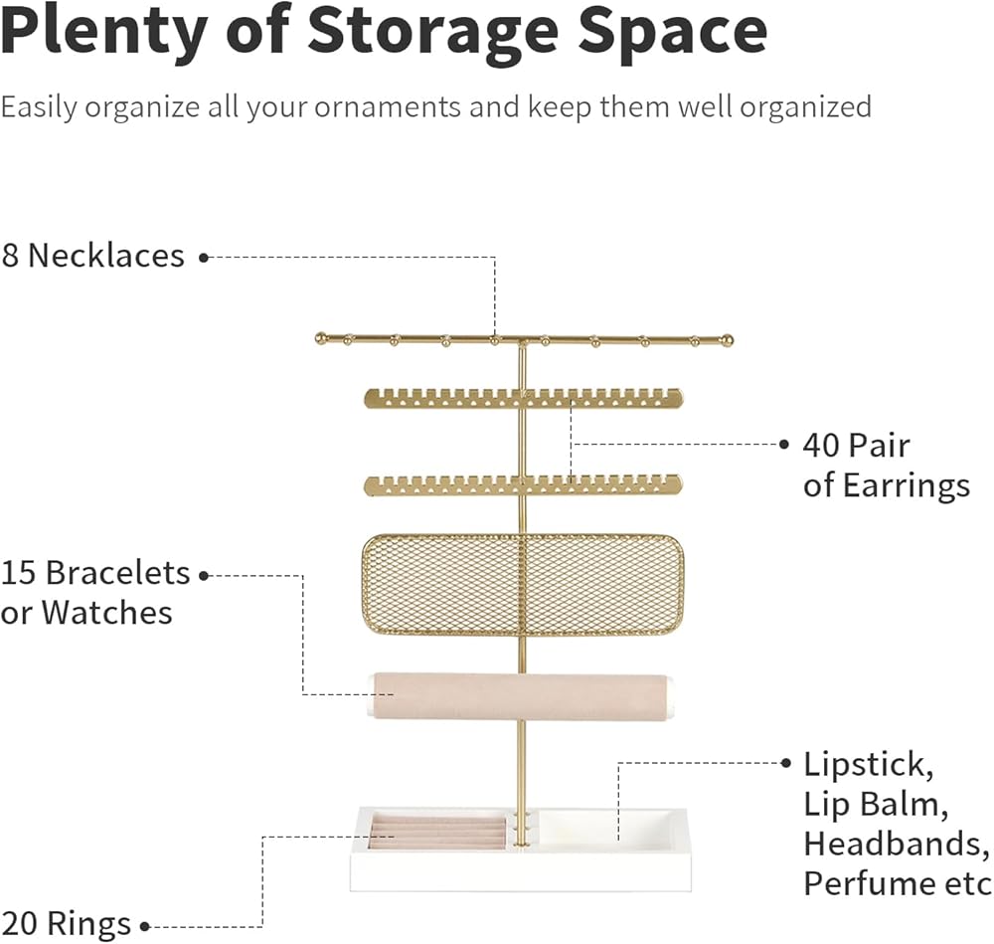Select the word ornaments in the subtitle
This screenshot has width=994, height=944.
pyautogui.click(x=388, y=106)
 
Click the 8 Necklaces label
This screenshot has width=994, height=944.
pyautogui.click(x=92, y=256)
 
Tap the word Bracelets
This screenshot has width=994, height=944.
pyautogui.click(x=117, y=573)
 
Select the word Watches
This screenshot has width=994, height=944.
pyautogui.click(x=107, y=613)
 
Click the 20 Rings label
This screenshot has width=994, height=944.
pyautogui.click(x=66, y=924)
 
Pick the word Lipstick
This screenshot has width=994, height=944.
pyautogui.click(x=869, y=765)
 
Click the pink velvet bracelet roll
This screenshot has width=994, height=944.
pyautogui.click(x=519, y=696)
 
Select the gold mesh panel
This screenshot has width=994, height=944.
pyautogui.click(x=523, y=585)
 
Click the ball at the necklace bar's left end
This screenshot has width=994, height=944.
pyautogui.click(x=321, y=338)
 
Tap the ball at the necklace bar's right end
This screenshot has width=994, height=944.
pyautogui.click(x=728, y=340)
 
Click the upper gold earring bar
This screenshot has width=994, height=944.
pyautogui.click(x=523, y=398)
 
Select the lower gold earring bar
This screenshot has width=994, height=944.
pyautogui.click(x=523, y=484)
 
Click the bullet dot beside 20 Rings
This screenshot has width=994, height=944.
pyautogui.click(x=144, y=927)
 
